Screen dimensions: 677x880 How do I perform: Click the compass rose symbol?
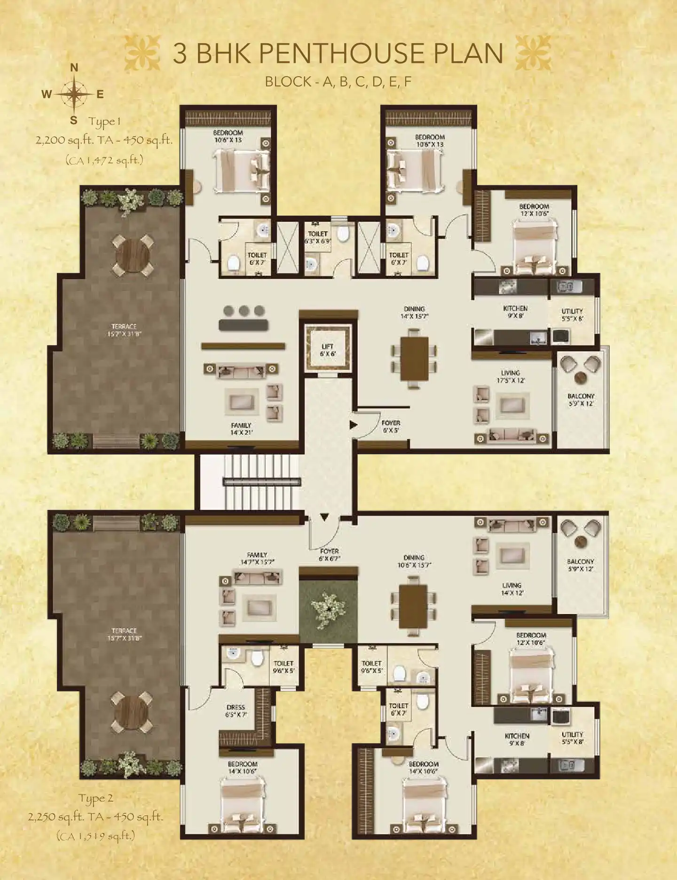coord(74,94)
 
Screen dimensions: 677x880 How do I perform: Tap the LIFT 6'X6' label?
coord(328,350)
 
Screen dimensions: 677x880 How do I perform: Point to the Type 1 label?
coord(105,122)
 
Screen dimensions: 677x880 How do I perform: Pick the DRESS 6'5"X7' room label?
coord(236,711)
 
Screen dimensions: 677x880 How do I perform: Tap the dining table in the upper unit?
coord(414,358)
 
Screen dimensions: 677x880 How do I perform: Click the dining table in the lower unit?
coord(413,606)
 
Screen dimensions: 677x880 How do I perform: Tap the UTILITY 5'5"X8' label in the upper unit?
coord(572,314)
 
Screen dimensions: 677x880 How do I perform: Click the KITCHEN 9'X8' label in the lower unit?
coord(517,739)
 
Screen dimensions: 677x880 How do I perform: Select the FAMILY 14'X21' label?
coord(241,429)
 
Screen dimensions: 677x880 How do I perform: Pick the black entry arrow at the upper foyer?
coord(353,425)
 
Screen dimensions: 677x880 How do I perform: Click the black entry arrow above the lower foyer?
coord(324,517)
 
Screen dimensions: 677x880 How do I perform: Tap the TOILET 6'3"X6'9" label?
coord(318,237)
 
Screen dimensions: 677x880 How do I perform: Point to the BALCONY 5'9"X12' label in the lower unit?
coord(580,565)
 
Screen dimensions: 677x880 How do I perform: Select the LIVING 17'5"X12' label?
coord(510,377)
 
